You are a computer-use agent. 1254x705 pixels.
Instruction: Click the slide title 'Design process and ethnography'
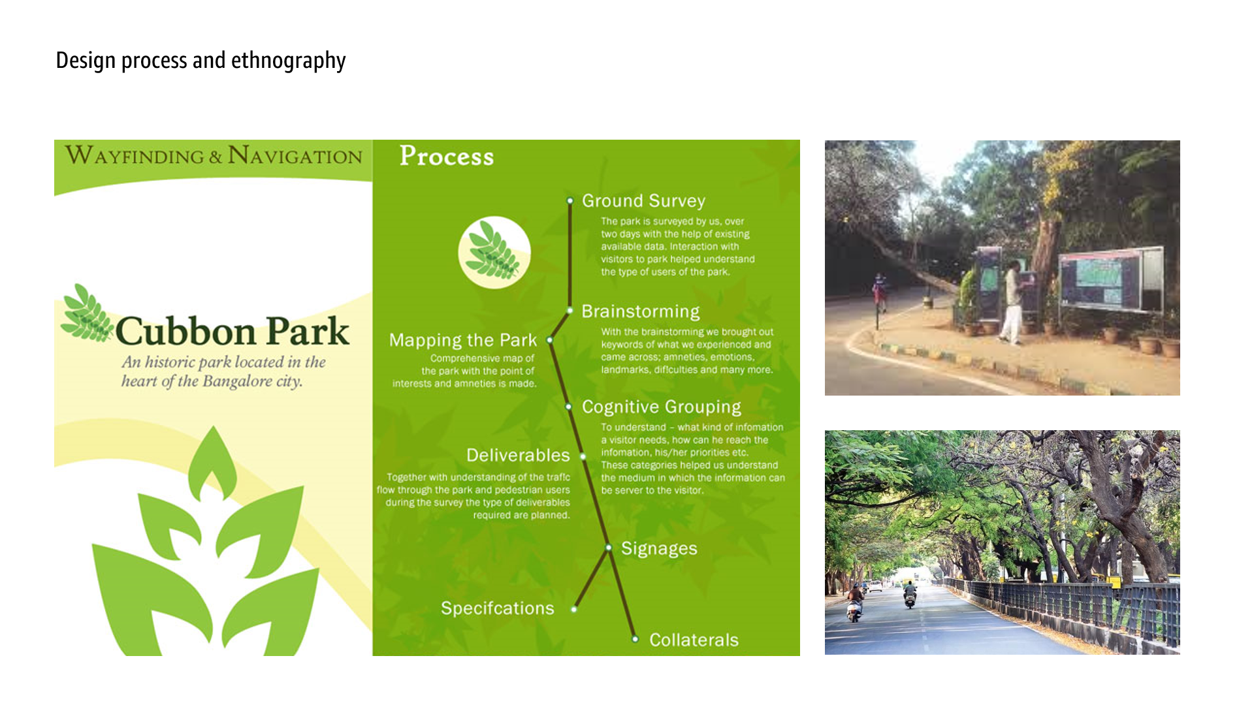coord(201,61)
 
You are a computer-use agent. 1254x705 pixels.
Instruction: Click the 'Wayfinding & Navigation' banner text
coord(214,155)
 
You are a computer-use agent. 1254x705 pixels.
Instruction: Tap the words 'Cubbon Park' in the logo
coord(233,331)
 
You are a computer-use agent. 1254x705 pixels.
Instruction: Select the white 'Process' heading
coord(447,156)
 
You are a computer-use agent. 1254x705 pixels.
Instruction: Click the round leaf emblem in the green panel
coord(494,253)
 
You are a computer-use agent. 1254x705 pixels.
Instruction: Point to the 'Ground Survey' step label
coord(643,201)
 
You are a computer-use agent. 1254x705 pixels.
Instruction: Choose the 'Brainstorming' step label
coord(640,311)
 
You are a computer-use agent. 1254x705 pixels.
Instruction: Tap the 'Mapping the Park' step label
coord(463,340)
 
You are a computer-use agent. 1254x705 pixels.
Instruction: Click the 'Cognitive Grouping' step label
coord(662,407)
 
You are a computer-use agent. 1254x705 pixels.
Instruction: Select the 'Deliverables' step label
coord(518,455)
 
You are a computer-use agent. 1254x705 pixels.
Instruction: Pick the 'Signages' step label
coord(659,548)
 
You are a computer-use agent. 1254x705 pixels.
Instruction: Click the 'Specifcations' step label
coord(498,608)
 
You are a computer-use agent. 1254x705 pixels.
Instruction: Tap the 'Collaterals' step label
coord(694,640)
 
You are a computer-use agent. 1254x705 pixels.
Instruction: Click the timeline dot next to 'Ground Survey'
coord(570,201)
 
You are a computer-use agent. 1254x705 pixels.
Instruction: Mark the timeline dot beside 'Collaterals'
coord(635,639)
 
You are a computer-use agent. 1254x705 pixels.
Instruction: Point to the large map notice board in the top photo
coord(1110,279)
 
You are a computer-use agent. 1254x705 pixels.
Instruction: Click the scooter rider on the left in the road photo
coord(854,602)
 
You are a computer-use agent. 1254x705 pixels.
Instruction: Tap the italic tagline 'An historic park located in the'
coord(223,362)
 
